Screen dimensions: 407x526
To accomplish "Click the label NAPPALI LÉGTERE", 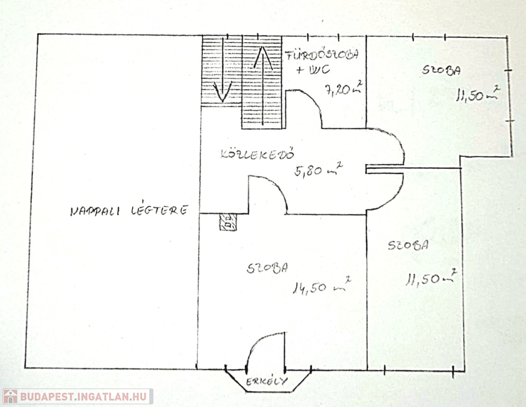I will click(x=129, y=211).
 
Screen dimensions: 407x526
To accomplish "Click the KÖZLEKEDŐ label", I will click(x=257, y=155).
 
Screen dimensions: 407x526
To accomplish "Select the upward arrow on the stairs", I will click(x=263, y=58).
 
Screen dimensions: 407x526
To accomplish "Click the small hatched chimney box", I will click(x=228, y=222).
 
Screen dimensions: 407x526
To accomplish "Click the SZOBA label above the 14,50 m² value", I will click(x=267, y=268).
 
